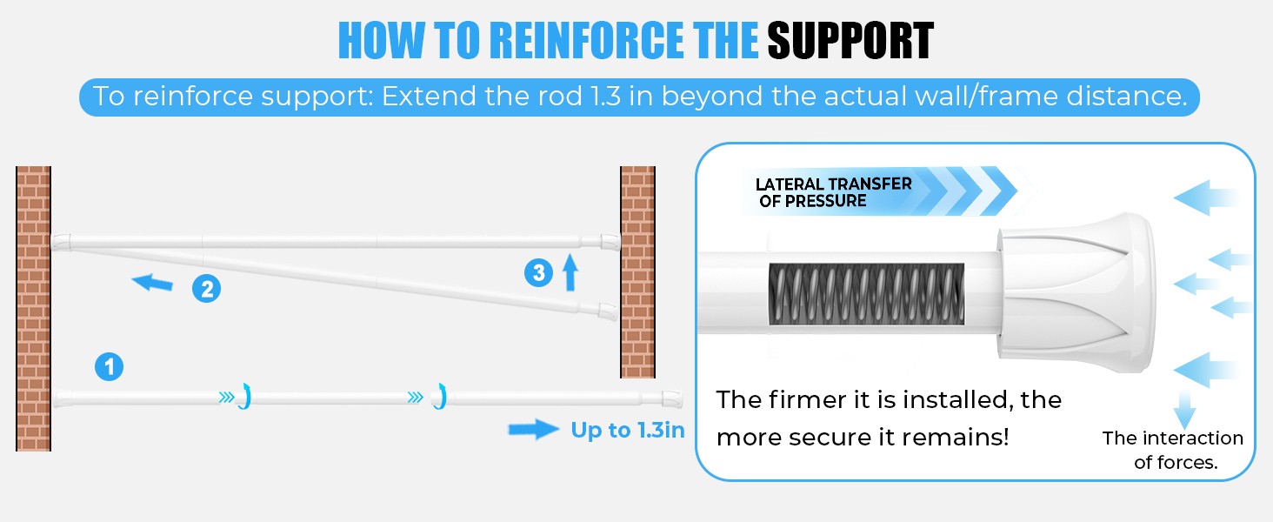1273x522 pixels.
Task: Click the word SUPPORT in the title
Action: pyautogui.click(x=850, y=40)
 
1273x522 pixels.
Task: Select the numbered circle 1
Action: pyautogui.click(x=109, y=367)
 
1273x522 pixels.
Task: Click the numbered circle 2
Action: pyautogui.click(x=206, y=289)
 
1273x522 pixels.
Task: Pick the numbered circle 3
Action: pyautogui.click(x=538, y=272)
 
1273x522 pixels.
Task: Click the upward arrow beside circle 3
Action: pyautogui.click(x=570, y=272)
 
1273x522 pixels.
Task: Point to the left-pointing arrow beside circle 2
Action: pyautogui.click(x=152, y=282)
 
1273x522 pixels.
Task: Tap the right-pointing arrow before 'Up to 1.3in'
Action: pyautogui.click(x=534, y=429)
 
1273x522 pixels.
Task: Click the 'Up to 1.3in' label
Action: pyautogui.click(x=628, y=430)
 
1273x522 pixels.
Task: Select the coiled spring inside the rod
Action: pyautogui.click(x=866, y=294)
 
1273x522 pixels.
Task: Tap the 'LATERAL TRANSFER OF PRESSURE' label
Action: pyautogui.click(x=833, y=192)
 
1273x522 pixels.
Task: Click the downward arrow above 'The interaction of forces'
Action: pyautogui.click(x=1184, y=410)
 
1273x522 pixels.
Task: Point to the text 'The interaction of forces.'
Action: pyautogui.click(x=1173, y=450)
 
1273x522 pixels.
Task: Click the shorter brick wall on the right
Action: pyautogui.click(x=637, y=271)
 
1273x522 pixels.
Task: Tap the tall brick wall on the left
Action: pyautogui.click(x=34, y=309)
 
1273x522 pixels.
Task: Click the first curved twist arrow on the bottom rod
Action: pyautogui.click(x=245, y=396)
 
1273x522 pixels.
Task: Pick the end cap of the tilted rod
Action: pyautogui.click(x=609, y=311)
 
